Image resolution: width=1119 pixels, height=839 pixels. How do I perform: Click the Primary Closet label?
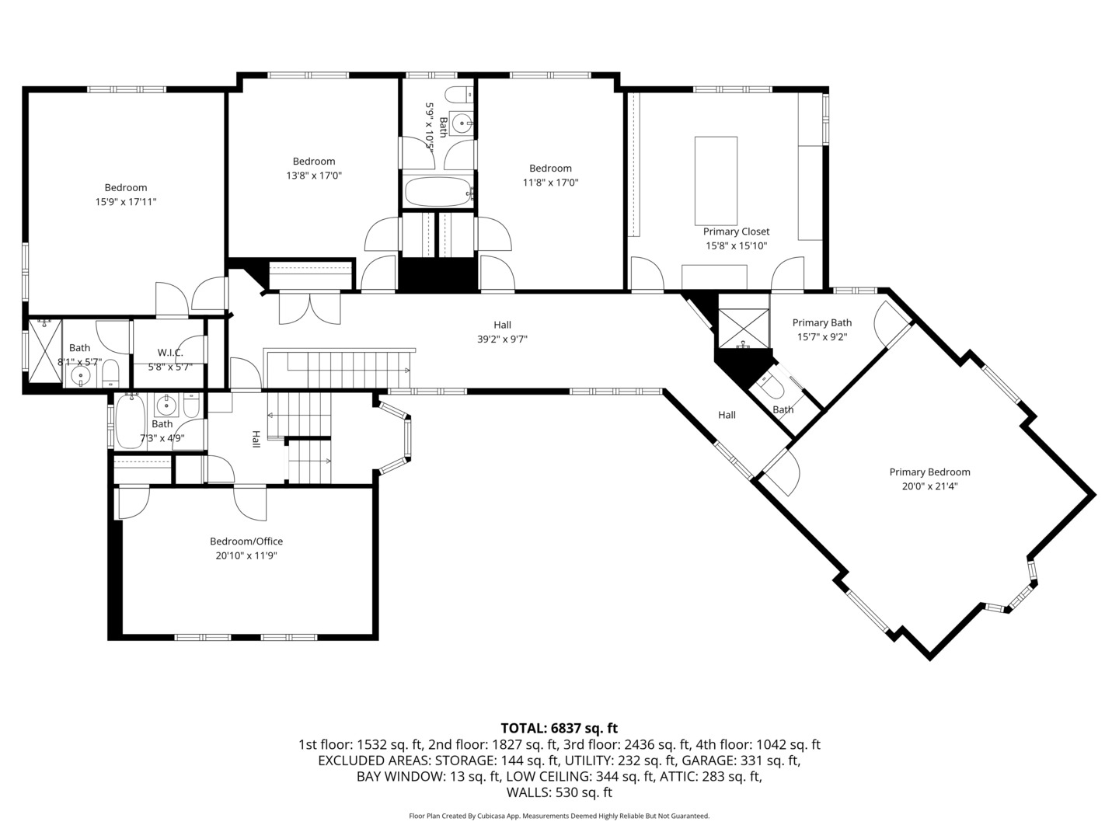[x=736, y=232]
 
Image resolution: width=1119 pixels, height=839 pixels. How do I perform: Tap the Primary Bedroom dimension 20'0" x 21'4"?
[x=929, y=487]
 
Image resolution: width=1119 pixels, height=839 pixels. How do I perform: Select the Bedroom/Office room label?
[x=246, y=541]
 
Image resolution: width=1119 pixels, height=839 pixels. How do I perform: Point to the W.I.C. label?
[x=170, y=353]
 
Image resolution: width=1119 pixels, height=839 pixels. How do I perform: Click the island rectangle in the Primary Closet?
[x=716, y=179]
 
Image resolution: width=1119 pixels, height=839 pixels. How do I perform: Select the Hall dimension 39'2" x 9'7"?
[x=502, y=339]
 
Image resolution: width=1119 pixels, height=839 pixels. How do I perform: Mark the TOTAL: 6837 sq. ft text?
[x=559, y=728]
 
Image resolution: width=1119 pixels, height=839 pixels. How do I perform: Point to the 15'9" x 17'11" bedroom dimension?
[x=126, y=202]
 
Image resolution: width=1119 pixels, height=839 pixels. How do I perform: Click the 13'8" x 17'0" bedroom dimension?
[x=314, y=176]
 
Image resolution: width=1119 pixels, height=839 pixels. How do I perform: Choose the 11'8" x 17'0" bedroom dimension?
[x=550, y=183]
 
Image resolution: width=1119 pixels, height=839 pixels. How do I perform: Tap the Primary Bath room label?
[x=822, y=322]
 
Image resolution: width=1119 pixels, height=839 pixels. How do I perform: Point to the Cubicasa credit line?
[x=559, y=816]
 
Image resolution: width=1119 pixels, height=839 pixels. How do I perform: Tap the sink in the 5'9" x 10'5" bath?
[x=462, y=123]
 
